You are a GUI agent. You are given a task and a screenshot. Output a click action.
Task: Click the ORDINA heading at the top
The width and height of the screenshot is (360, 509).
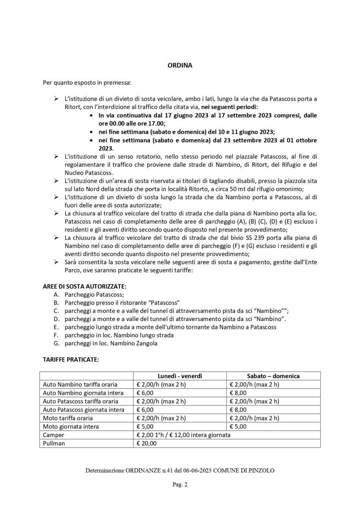tap(180, 65)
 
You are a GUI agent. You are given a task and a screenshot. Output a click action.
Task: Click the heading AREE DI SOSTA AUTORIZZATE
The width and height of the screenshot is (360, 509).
tap(85, 286)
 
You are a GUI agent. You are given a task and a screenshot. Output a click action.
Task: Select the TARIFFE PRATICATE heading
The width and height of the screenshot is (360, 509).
tap(71, 359)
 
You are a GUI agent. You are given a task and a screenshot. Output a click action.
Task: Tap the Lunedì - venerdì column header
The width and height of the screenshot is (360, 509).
tap(180, 376)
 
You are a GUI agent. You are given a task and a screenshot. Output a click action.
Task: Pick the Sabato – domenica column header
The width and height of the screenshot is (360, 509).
tap(273, 376)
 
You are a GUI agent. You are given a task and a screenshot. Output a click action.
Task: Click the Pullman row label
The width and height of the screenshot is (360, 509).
tap(54, 443)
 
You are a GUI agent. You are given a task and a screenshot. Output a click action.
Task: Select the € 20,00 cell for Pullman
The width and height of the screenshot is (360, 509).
tap(146, 443)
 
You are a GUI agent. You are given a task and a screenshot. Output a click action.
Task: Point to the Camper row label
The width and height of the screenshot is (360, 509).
tap(53, 435)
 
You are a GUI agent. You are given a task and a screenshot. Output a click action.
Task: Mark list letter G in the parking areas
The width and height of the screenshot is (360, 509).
tap(56, 343)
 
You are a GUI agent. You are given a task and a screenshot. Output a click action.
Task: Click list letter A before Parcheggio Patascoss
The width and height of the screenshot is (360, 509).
tap(56, 294)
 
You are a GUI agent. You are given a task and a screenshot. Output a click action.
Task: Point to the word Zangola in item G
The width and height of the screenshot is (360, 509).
tap(147, 343)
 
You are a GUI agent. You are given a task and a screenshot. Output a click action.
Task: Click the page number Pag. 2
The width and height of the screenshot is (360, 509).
tap(180, 484)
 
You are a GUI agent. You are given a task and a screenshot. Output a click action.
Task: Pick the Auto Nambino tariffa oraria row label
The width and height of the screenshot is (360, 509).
tap(80, 384)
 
